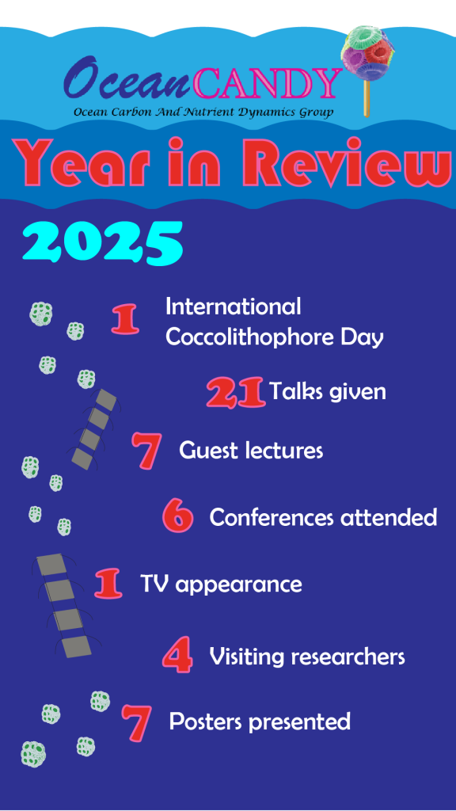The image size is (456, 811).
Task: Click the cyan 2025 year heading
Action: [x=103, y=242]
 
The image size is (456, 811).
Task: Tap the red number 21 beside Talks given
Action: [x=236, y=393]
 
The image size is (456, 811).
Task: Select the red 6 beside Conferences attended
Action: [x=178, y=516]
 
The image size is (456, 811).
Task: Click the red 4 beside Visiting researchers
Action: [x=177, y=655]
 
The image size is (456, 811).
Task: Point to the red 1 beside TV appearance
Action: [x=109, y=584]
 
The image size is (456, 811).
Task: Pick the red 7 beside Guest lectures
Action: [x=146, y=450]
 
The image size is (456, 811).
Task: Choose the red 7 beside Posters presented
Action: [x=136, y=722]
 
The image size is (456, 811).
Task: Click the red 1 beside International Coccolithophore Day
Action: [x=126, y=319]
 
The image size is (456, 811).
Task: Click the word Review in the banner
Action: [x=355, y=162]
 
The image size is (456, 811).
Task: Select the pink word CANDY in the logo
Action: [x=268, y=83]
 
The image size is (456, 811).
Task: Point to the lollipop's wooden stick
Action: [x=367, y=98]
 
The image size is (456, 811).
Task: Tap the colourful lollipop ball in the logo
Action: [x=367, y=54]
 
